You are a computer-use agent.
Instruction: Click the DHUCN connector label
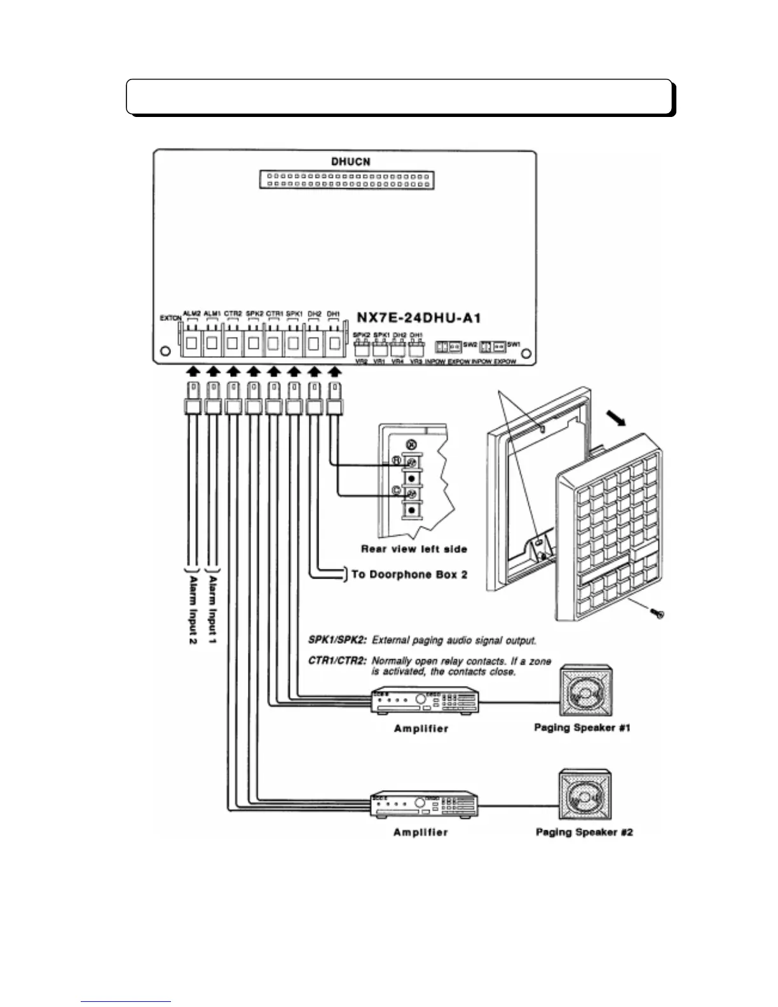tap(350, 161)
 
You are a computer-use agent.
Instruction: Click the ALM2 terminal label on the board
tap(192, 313)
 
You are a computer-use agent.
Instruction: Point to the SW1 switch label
tap(514, 345)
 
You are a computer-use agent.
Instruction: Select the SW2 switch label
tap(470, 345)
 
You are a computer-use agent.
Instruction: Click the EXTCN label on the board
tap(170, 318)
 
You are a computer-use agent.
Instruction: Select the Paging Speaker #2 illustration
tap(584, 795)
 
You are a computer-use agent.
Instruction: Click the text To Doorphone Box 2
tap(410, 574)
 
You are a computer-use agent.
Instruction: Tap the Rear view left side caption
tap(414, 549)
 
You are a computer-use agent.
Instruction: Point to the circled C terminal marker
tap(395, 490)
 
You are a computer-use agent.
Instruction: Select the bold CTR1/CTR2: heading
tap(337, 661)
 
